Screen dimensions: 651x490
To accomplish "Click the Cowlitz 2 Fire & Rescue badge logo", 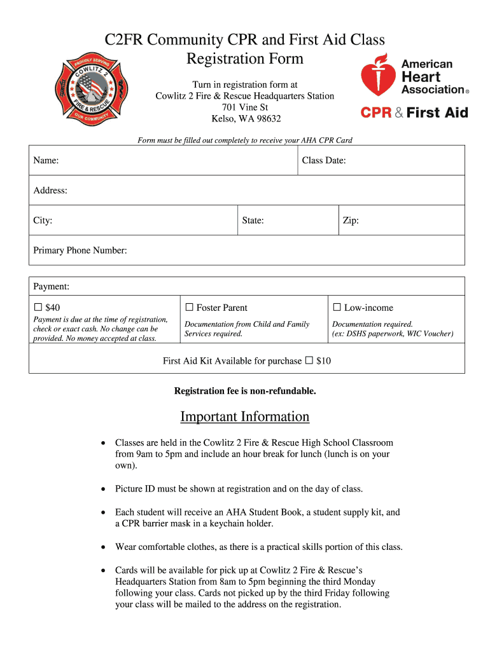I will point(90,90).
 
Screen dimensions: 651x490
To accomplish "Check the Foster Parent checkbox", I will point(189,308).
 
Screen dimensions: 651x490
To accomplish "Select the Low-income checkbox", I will point(337,308).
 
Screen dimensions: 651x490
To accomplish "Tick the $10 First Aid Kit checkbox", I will point(309,360).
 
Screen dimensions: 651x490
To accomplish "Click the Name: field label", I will point(46,161).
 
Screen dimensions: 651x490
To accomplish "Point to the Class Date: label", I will point(324,161).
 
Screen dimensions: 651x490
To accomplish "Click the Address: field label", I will point(50,191).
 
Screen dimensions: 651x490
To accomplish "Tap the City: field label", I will point(43,221).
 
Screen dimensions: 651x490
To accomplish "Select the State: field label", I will point(253,221).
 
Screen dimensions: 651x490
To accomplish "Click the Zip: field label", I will point(351,221).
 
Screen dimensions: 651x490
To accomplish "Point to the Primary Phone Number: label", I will point(80,250).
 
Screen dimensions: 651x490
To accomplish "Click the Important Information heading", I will point(245,416).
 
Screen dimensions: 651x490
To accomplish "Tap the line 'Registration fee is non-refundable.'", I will point(245,391).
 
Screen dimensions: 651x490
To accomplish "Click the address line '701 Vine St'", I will point(245,107).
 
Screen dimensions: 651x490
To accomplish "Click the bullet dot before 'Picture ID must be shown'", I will point(103,490).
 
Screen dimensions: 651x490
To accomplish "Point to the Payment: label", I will point(52,287).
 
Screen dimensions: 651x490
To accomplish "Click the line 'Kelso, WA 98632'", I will point(246,119).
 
